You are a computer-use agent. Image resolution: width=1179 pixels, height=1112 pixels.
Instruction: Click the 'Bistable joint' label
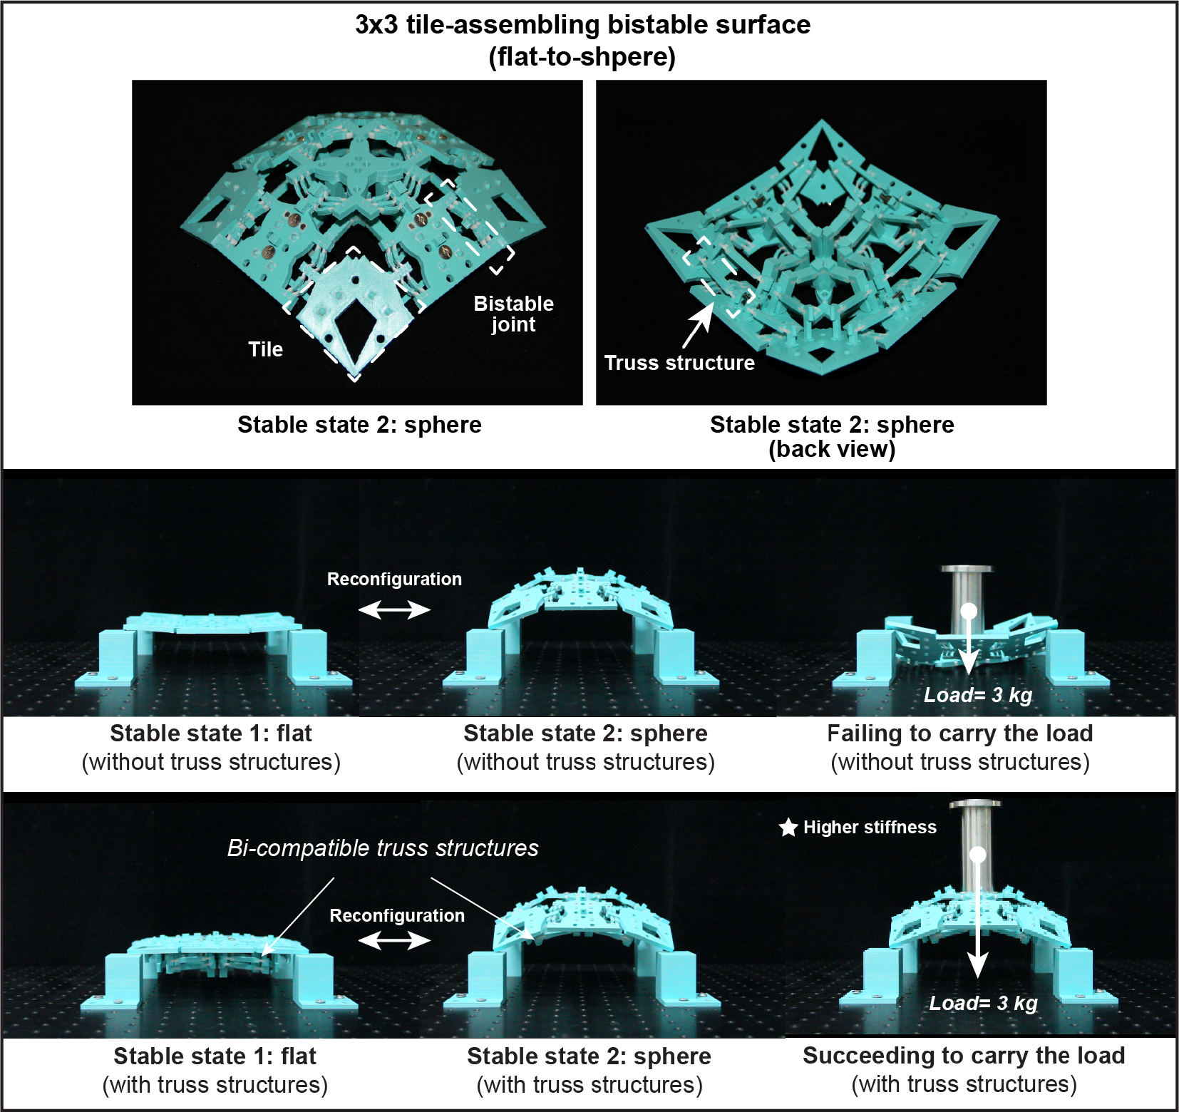pyautogui.click(x=513, y=314)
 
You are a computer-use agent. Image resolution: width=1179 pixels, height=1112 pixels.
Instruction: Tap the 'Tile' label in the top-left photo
pyautogui.click(x=265, y=349)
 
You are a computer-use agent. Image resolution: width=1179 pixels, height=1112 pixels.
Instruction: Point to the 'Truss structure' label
pyautogui.click(x=679, y=363)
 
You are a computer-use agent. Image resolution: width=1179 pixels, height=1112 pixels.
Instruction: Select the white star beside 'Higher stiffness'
pyautogui.click(x=788, y=828)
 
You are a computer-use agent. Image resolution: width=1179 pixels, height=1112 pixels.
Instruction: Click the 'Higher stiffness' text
pyautogui.click(x=870, y=828)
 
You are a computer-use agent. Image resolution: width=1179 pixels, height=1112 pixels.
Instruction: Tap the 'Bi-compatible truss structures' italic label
pyautogui.click(x=383, y=848)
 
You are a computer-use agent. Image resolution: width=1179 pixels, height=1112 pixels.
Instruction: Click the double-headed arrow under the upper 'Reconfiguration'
pyautogui.click(x=394, y=609)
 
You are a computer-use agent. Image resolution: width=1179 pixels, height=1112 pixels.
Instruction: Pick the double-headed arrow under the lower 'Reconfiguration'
pyautogui.click(x=394, y=941)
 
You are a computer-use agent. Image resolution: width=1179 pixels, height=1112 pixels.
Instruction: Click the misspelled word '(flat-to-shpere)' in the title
pyautogui.click(x=582, y=57)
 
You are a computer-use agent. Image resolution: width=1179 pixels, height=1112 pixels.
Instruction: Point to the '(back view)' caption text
pyautogui.click(x=832, y=449)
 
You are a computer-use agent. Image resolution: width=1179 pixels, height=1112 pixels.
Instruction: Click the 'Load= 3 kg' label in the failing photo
pyautogui.click(x=978, y=695)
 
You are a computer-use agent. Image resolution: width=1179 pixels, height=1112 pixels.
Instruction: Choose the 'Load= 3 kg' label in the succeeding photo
pyautogui.click(x=983, y=1004)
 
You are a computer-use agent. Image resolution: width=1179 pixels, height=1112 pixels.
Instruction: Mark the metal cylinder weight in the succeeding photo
pyautogui.click(x=976, y=845)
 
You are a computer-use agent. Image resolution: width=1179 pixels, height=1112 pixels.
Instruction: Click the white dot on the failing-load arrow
pyautogui.click(x=969, y=611)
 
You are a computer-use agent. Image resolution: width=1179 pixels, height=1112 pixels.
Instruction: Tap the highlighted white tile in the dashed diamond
pyautogui.click(x=354, y=314)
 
